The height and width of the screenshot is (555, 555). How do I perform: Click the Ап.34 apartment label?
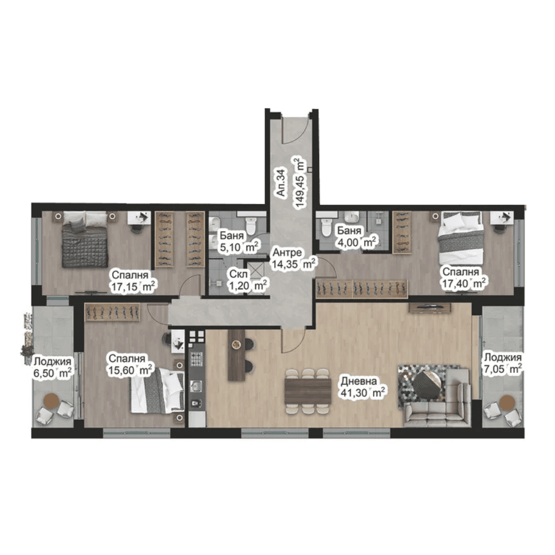(x=281, y=183)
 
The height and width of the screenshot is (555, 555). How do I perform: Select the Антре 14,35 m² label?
(x=294, y=259)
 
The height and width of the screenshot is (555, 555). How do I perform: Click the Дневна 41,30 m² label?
(x=362, y=387)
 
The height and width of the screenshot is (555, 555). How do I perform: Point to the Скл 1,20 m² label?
(x=248, y=280)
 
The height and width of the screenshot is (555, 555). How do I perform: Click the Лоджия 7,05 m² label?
(x=503, y=363)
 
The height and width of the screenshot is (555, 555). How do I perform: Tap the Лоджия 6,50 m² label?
(x=52, y=367)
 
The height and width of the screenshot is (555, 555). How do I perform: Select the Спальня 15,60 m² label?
(x=130, y=365)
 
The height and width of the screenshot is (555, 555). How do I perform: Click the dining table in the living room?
(x=307, y=391)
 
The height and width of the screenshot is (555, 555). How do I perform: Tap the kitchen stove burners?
(x=197, y=359)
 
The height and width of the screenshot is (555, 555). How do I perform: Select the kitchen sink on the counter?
(x=196, y=386)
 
